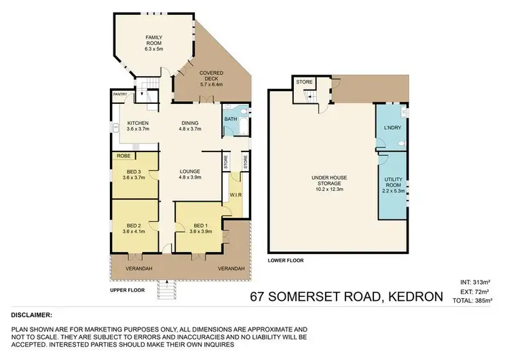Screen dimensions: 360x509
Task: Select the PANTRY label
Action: (x=120, y=95)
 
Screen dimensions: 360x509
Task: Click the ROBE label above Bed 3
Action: (x=124, y=156)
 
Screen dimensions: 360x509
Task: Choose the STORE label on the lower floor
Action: (x=305, y=82)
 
